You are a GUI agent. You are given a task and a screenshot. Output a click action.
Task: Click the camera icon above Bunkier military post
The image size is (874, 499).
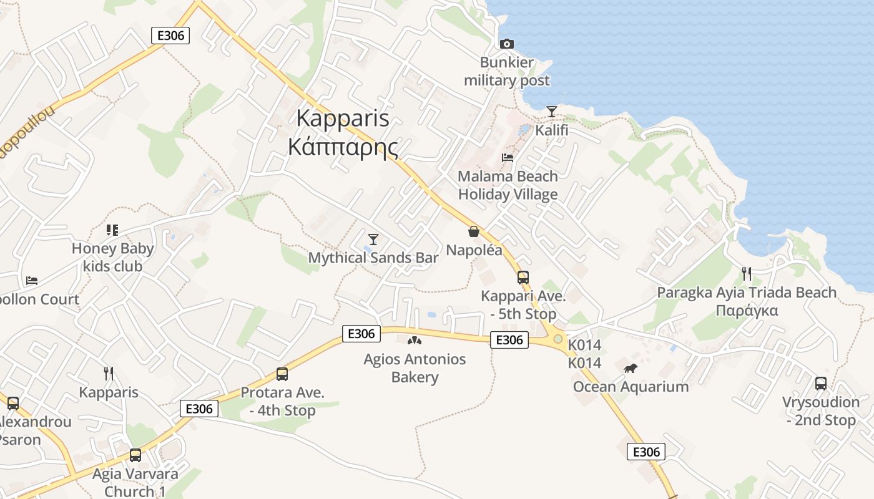click(507, 44)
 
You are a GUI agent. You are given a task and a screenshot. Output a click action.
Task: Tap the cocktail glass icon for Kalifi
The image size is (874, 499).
click(552, 112)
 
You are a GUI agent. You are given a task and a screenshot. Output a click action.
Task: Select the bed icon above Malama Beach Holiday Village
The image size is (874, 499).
click(508, 158)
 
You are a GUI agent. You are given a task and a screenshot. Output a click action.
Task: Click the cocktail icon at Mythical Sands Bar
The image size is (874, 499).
click(373, 239)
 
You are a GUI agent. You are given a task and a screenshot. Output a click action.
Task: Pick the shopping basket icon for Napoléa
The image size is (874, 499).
click(474, 231)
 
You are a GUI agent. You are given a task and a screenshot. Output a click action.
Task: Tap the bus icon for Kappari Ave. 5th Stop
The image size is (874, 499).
click(523, 278)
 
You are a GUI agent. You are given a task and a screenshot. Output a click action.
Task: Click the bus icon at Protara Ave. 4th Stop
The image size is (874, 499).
click(282, 374)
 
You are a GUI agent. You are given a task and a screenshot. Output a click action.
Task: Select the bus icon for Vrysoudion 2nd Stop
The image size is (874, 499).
click(821, 384)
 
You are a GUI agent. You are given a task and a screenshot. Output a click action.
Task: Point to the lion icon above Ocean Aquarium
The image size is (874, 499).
click(631, 368)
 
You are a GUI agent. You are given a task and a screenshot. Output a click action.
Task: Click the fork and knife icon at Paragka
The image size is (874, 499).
click(746, 273)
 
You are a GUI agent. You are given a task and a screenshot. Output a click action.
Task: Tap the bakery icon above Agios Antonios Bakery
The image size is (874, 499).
click(415, 341)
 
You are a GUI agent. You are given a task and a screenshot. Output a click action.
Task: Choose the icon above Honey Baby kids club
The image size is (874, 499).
click(112, 230)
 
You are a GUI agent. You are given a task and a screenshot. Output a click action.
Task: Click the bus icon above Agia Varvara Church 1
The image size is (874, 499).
click(135, 455)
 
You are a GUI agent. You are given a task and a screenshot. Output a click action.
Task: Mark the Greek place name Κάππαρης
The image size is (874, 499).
click(343, 147)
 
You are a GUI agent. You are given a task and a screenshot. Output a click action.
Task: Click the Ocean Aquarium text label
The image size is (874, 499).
click(631, 387)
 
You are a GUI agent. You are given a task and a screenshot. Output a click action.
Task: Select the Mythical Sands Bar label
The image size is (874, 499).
click(373, 258)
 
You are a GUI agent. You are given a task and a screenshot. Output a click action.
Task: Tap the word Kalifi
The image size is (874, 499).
click(552, 130)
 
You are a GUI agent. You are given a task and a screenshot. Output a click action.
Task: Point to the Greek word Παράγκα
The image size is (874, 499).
click(747, 311)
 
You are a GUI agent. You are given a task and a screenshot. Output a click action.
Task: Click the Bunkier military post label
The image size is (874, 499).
click(507, 71)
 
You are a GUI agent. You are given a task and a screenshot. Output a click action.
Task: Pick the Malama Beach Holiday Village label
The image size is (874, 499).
click(508, 185)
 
